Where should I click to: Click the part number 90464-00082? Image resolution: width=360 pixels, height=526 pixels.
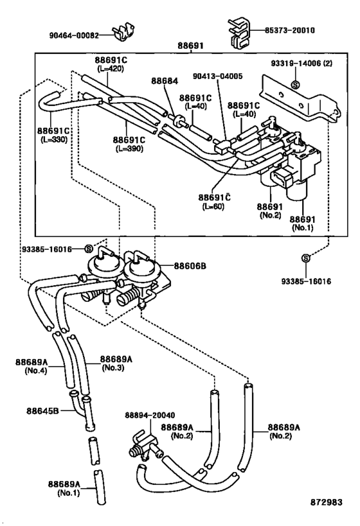tap(74, 35)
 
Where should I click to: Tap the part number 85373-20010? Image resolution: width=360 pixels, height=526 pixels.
tap(290, 30)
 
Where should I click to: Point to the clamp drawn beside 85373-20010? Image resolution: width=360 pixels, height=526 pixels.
tap(239, 33)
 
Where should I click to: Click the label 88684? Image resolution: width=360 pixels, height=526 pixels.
tap(165, 81)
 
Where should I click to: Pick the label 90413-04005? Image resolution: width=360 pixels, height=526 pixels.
tap(218, 76)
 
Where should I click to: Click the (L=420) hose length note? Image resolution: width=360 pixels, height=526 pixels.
tap(111, 69)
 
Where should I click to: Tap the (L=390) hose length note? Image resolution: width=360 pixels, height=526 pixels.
tap(129, 148)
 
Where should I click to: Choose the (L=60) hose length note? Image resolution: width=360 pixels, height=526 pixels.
tap(213, 206)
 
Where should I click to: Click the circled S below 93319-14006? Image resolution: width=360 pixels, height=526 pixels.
tap(296, 85)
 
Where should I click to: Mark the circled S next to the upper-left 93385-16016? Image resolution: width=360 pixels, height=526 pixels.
tap(88, 249)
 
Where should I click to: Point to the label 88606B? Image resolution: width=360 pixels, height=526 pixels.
tap(190, 267)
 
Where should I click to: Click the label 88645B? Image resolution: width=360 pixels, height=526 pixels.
tap(42, 410)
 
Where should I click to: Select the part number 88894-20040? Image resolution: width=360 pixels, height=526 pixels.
tap(150, 416)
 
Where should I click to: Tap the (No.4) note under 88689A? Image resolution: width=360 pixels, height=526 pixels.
tap(36, 371)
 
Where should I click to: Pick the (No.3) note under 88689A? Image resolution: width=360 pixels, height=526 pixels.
tap(113, 367)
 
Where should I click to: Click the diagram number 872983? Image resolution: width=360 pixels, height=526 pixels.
tap(326, 502)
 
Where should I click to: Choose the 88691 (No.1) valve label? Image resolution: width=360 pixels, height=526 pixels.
tap(303, 224)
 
